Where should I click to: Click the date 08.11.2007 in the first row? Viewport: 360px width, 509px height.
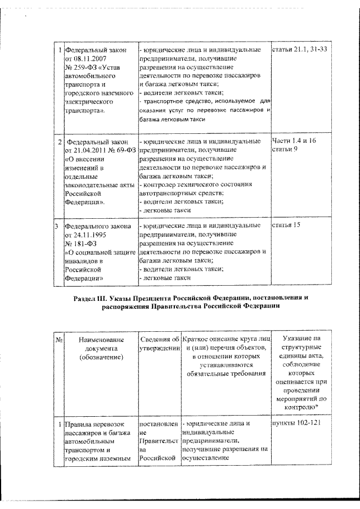(89, 59)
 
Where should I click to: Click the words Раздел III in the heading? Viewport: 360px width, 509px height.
(91, 296)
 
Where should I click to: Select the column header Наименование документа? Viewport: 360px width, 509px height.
(99, 347)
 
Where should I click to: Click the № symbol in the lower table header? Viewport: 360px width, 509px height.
(58, 339)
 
